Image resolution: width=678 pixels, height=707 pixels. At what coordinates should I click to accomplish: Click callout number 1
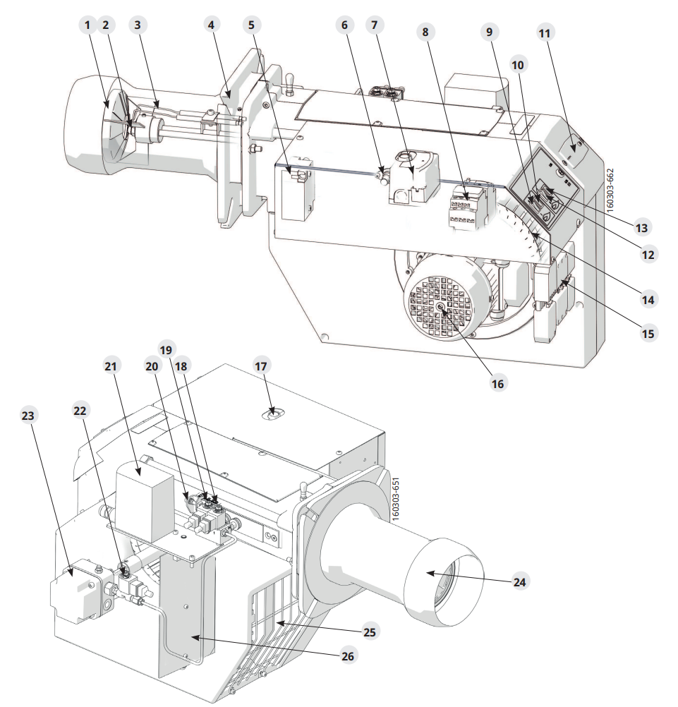[87, 25]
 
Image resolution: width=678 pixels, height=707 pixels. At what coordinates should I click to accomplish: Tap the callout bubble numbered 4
[211, 25]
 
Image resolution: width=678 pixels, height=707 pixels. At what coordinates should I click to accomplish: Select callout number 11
[545, 33]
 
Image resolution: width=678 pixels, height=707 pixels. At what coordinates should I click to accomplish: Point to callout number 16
[497, 383]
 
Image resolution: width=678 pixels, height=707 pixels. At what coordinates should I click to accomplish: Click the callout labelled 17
[261, 366]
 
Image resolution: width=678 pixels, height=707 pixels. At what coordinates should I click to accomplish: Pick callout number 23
[28, 415]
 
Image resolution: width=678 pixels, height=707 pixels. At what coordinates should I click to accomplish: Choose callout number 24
[519, 582]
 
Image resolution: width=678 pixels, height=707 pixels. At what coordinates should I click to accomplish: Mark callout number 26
[348, 655]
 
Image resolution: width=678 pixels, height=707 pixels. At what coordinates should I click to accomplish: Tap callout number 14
[648, 299]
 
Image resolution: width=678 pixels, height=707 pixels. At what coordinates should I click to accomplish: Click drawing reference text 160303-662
[610, 191]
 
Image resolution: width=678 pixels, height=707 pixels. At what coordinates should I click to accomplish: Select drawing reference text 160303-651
[396, 500]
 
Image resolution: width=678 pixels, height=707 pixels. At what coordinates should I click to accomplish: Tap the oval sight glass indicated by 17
[272, 414]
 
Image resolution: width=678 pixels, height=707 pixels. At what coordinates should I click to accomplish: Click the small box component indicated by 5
[296, 188]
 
